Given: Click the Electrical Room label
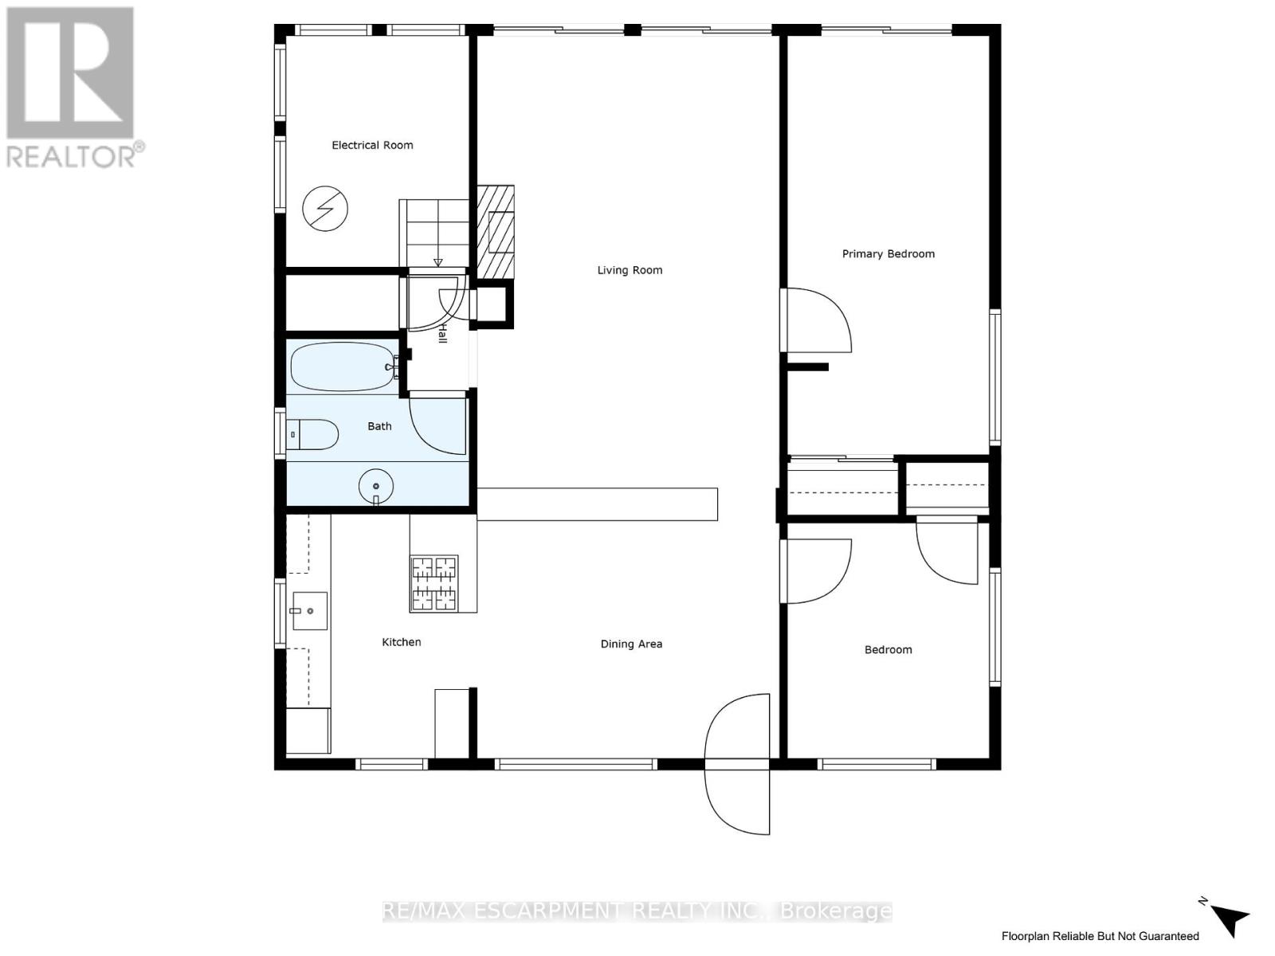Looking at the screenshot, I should point(372,145).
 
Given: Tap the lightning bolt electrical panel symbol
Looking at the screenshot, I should point(325,209).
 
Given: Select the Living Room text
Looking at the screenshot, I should point(630,270).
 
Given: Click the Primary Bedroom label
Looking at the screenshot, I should point(888,254).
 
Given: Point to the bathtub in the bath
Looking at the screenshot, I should point(343,366).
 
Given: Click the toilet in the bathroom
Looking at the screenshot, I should point(312,434).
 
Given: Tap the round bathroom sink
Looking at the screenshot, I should point(376,486).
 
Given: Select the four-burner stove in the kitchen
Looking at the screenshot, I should point(434,583).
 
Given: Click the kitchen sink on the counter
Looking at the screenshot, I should point(310,611).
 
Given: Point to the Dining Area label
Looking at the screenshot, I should point(631,644).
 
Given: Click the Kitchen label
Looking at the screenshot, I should point(401,642).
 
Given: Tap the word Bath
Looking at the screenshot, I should point(379,426).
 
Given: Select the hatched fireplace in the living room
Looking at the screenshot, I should point(496,232).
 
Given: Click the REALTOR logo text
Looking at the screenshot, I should point(76,155).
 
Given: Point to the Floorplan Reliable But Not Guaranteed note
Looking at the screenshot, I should point(1100,936).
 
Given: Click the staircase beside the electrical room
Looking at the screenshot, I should point(433,233).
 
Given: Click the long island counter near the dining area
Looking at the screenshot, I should point(598,504).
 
